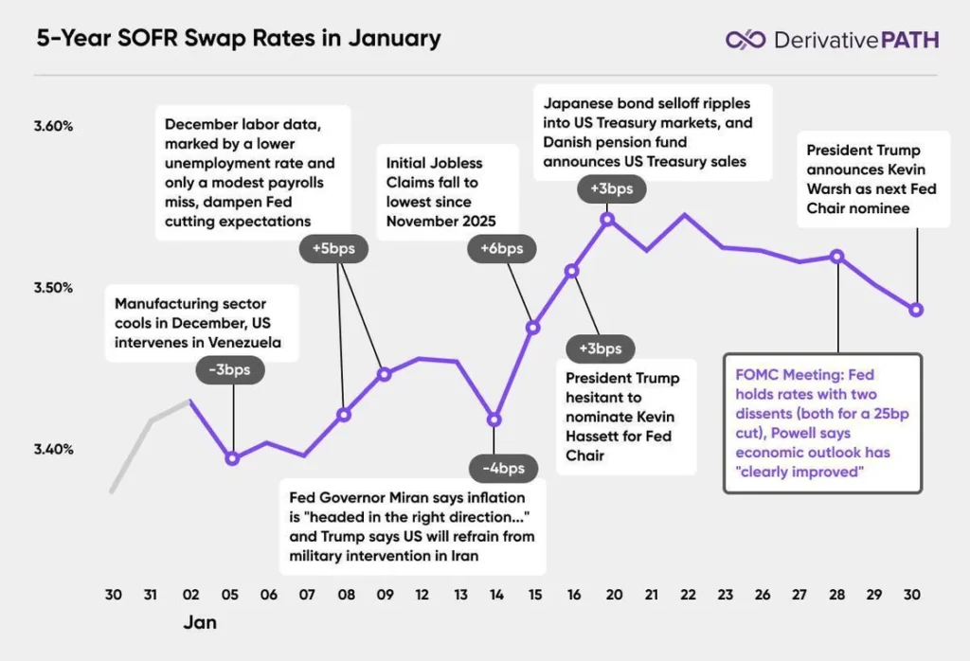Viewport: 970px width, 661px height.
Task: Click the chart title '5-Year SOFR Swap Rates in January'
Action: (238, 39)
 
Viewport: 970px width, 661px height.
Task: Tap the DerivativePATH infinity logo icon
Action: (745, 39)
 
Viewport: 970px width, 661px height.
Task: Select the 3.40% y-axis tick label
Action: (55, 449)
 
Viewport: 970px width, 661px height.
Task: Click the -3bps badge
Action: (232, 369)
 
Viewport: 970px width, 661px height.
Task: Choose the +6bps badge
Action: (501, 249)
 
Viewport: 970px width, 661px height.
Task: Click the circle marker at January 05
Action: (232, 458)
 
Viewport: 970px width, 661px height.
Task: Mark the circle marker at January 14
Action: (494, 420)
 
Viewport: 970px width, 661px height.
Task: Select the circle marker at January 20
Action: (607, 220)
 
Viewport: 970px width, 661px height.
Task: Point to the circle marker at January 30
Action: (916, 310)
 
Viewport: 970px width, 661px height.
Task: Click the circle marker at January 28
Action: (836, 256)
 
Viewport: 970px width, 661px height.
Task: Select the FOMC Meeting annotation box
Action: (821, 423)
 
